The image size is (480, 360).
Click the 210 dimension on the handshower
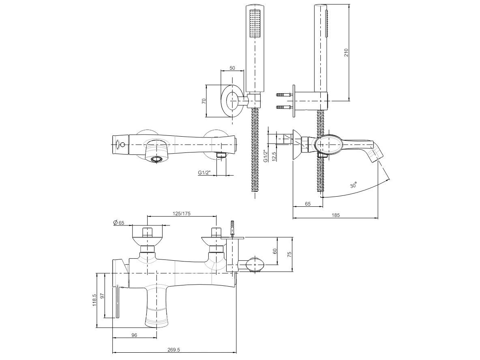coord(346,52)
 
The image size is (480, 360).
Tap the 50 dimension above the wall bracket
coord(232,68)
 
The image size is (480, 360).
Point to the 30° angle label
coord(354,185)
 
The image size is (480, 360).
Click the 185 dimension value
coord(336,215)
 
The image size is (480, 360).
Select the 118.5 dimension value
coord(94,300)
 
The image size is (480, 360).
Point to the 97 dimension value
coord(102,296)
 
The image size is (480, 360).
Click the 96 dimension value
coord(134,335)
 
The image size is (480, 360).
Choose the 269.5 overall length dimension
coord(173,349)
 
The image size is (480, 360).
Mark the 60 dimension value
coord(274,251)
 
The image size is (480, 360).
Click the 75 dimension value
coord(289,253)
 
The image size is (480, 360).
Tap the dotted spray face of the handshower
coord(255,24)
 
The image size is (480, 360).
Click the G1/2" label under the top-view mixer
coord(204,172)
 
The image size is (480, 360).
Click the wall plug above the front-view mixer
coord(233,227)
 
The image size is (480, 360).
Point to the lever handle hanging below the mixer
coord(117,302)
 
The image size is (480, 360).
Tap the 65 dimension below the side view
coord(308,204)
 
